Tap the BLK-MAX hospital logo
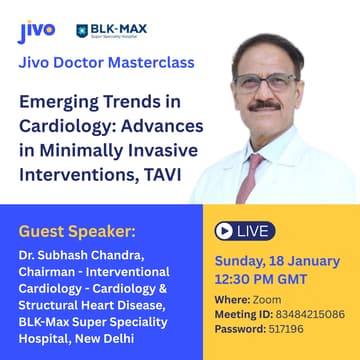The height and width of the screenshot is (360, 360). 111,31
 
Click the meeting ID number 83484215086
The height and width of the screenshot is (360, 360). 307,313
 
